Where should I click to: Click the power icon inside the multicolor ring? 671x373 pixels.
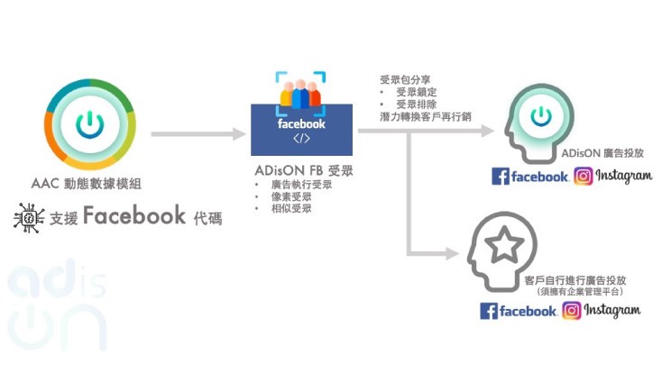pos(90,124)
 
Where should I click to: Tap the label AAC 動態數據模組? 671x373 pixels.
pos(86,184)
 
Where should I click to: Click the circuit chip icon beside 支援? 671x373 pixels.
pos(29,218)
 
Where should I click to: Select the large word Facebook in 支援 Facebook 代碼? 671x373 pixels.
pos(134,215)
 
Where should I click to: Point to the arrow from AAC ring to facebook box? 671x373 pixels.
pos(198,133)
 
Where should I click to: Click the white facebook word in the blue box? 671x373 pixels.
pos(301,124)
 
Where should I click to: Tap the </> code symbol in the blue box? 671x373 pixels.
pos(301,139)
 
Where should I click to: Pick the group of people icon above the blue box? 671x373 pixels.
pos(300,93)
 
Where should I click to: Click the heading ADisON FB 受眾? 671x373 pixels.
pos(304,170)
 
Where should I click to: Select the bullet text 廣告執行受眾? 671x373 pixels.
pos(301,185)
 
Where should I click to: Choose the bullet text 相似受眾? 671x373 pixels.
pos(291,208)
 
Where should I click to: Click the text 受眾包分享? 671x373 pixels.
pos(405,79)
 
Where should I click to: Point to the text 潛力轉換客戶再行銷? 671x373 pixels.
pos(426,116)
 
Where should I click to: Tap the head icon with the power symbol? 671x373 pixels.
pos(539,123)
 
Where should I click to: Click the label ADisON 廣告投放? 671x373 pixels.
pos(602,153)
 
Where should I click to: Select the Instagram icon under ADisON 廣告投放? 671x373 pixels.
pos(584,176)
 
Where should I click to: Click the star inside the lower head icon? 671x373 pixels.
pos(504,244)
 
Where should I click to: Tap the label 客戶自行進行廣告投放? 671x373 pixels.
pos(575,280)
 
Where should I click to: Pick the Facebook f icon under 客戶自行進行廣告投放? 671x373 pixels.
pos(488,311)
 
